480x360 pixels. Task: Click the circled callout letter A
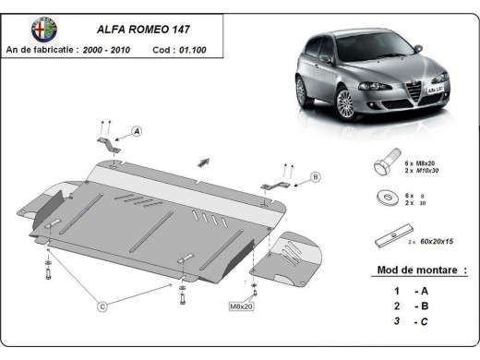137,132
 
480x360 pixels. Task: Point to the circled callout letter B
315,176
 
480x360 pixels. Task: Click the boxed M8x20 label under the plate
240,304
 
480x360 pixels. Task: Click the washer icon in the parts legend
383,199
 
